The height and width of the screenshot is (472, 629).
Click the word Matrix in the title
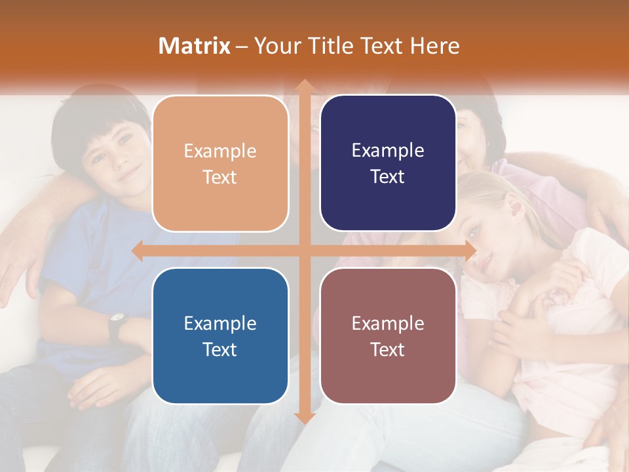pyautogui.click(x=195, y=46)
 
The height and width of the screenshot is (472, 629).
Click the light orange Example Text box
pyautogui.click(x=220, y=163)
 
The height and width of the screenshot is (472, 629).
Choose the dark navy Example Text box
pyautogui.click(x=388, y=163)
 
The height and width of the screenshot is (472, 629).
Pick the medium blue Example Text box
pyautogui.click(x=220, y=336)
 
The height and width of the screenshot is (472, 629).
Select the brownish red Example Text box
pyautogui.click(x=388, y=336)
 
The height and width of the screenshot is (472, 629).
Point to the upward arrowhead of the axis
pyautogui.click(x=303, y=85)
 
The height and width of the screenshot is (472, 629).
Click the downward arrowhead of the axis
pyautogui.click(x=303, y=418)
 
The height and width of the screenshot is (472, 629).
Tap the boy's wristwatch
pyautogui.click(x=118, y=321)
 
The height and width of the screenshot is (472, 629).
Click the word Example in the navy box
pyautogui.click(x=388, y=150)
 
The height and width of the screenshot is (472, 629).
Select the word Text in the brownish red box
pyautogui.click(x=388, y=349)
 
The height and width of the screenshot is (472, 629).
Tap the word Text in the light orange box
pyautogui.click(x=220, y=177)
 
